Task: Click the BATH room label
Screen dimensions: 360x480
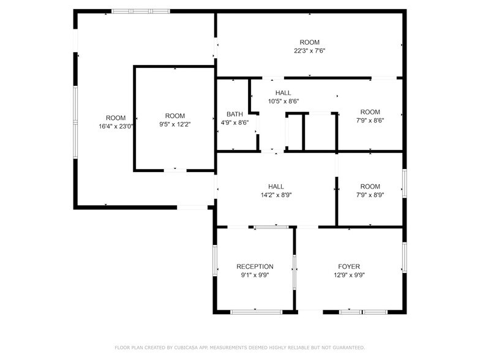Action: pyautogui.click(x=234, y=114)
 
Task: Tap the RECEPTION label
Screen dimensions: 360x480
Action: pyautogui.click(x=255, y=266)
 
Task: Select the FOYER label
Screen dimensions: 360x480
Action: pyautogui.click(x=349, y=266)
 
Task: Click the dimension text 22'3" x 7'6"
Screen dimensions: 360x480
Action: pyautogui.click(x=309, y=51)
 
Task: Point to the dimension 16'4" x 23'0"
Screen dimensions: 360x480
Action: pyautogui.click(x=116, y=126)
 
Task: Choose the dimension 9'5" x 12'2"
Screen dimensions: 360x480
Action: pyautogui.click(x=174, y=124)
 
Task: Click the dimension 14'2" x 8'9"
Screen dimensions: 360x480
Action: pyautogui.click(x=276, y=195)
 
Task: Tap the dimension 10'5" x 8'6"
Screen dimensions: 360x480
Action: pyautogui.click(x=283, y=101)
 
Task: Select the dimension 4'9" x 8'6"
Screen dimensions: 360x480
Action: pyautogui.click(x=234, y=122)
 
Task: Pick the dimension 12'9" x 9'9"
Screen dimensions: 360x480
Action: pyautogui.click(x=349, y=275)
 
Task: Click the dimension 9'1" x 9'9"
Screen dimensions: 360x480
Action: pyautogui.click(x=255, y=275)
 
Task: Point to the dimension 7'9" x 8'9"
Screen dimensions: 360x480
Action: pyautogui.click(x=370, y=195)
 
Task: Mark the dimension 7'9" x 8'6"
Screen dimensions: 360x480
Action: pyautogui.click(x=370, y=120)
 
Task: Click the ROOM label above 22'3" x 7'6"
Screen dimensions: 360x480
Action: pyautogui.click(x=309, y=42)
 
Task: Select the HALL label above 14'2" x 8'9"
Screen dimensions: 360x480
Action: pyautogui.click(x=276, y=186)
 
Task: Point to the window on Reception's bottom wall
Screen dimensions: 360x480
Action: pyautogui.click(x=256, y=312)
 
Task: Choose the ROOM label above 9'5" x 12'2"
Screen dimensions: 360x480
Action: pyautogui.click(x=174, y=116)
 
